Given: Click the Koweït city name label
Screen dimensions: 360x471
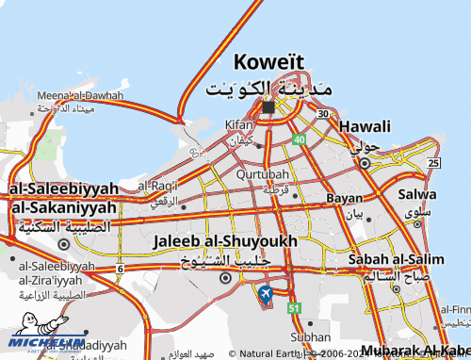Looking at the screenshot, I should [268, 62].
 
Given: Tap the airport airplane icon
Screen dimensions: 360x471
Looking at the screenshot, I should [265, 295].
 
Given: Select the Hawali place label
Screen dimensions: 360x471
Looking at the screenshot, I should [365, 126].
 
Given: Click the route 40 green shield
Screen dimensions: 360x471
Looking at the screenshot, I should [299, 139].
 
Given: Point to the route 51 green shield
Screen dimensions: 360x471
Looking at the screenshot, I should [295, 308].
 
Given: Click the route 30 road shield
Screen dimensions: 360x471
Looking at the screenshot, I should [323, 114].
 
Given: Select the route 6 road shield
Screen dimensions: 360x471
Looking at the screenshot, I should [121, 269].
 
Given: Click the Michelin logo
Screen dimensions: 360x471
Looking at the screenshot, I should [47, 344].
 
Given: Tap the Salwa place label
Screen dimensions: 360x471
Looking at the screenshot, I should [417, 194].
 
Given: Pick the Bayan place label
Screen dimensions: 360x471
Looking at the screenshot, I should [344, 199].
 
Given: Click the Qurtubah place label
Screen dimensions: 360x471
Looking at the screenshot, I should [263, 175].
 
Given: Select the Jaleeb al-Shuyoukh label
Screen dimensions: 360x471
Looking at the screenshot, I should [224, 241].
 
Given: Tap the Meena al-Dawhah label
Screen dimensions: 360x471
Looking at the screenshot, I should [80, 96].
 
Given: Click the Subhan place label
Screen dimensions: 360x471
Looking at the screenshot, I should [311, 336].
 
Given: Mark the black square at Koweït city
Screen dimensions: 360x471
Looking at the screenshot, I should [268, 107].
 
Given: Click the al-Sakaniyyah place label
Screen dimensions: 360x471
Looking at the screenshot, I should [64, 206].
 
